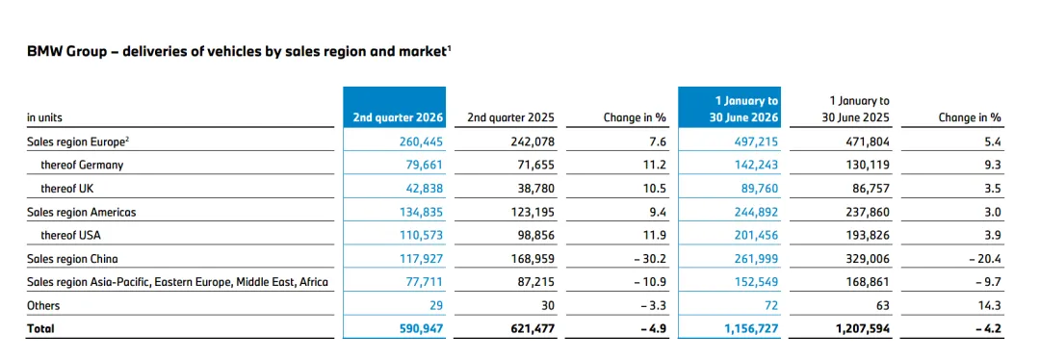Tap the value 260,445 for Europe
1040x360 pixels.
click(419, 141)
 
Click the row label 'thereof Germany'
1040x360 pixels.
click(82, 166)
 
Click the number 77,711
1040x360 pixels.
click(422, 282)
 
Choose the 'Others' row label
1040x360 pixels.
click(43, 306)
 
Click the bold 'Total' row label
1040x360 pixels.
click(39, 329)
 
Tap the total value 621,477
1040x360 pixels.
click(532, 329)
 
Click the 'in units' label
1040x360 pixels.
click(44, 118)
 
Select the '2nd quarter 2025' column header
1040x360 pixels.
click(511, 118)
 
